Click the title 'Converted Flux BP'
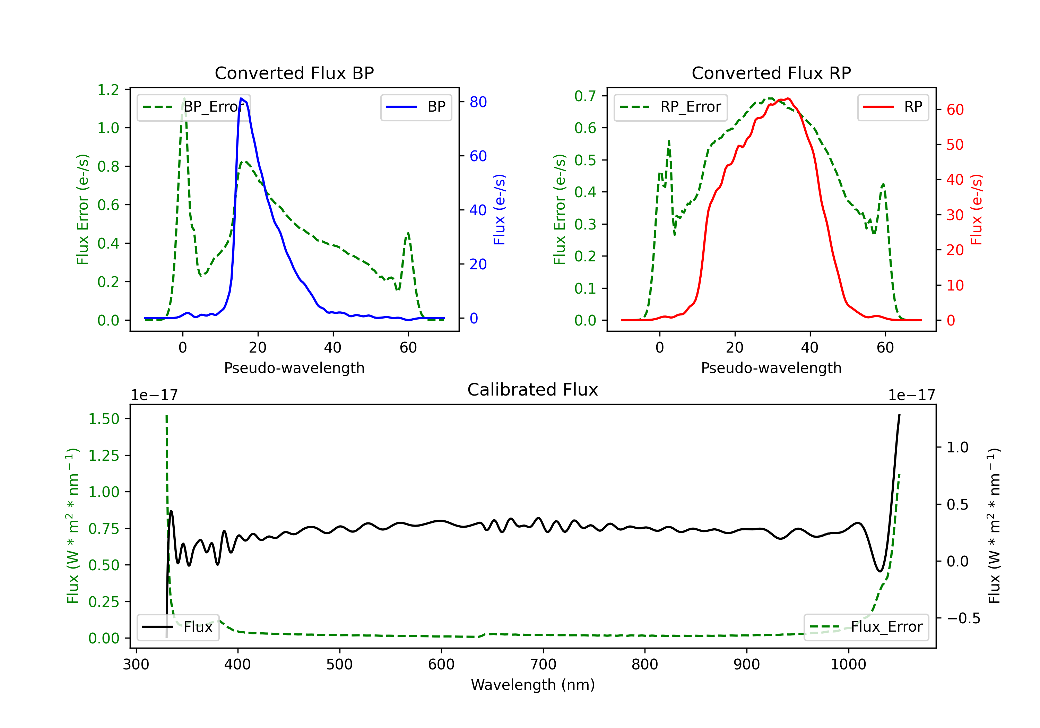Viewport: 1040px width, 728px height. (294, 73)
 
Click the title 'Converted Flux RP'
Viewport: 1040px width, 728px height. (771, 73)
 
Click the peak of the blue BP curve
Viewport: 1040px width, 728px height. (241, 98)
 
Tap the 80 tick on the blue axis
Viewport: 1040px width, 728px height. (478, 102)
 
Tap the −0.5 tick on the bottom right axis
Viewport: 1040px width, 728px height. (963, 618)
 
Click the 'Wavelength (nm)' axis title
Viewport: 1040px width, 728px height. (533, 685)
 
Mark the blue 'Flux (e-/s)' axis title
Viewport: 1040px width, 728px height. (499, 209)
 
